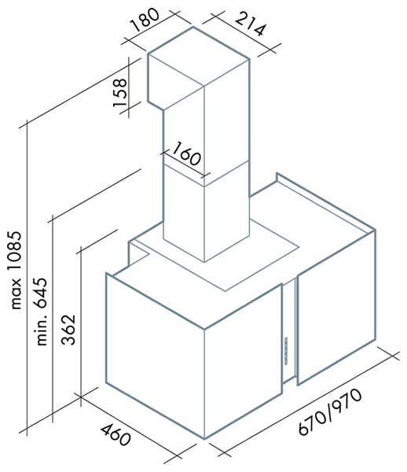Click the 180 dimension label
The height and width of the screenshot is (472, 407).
(x=145, y=20)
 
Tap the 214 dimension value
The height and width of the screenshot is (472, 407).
(x=251, y=24)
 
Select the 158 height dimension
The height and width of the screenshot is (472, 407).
(x=119, y=92)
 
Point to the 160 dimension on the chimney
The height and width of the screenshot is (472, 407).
(x=186, y=154)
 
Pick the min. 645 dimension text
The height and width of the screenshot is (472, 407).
(x=42, y=312)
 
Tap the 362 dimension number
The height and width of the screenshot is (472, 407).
(x=68, y=330)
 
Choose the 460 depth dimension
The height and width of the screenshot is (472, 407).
(x=115, y=435)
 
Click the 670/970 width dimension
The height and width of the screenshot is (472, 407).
(x=330, y=412)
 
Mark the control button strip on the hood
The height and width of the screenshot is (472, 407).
(x=285, y=350)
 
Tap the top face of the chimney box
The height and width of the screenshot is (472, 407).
(x=199, y=57)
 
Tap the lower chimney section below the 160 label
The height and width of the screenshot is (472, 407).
(x=206, y=212)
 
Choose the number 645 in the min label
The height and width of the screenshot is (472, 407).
(x=42, y=293)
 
